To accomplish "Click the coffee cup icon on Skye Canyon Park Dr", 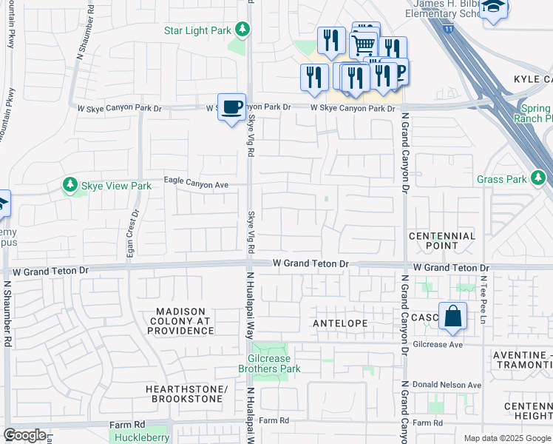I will (231, 107).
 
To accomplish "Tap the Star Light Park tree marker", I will (242, 30).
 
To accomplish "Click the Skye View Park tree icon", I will (70, 185).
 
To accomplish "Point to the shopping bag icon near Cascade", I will (452, 316).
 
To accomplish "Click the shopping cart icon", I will (363, 44).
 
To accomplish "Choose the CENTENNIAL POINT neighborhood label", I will (442, 240).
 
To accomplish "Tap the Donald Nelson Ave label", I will (455, 386).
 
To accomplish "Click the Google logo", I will (24, 435).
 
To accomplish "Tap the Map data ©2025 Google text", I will (506, 438).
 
